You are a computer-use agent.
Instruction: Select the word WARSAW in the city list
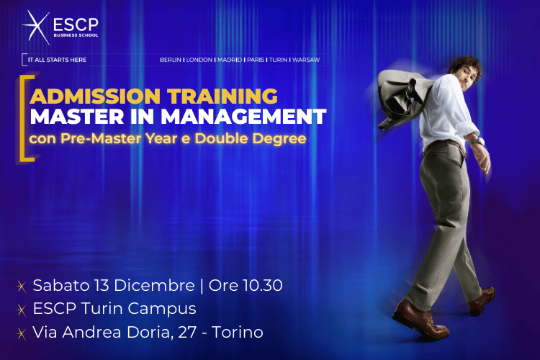305,60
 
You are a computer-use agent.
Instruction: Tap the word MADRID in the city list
228,60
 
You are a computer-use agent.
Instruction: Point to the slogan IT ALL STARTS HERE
56,60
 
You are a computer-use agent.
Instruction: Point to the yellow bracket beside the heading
27,115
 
